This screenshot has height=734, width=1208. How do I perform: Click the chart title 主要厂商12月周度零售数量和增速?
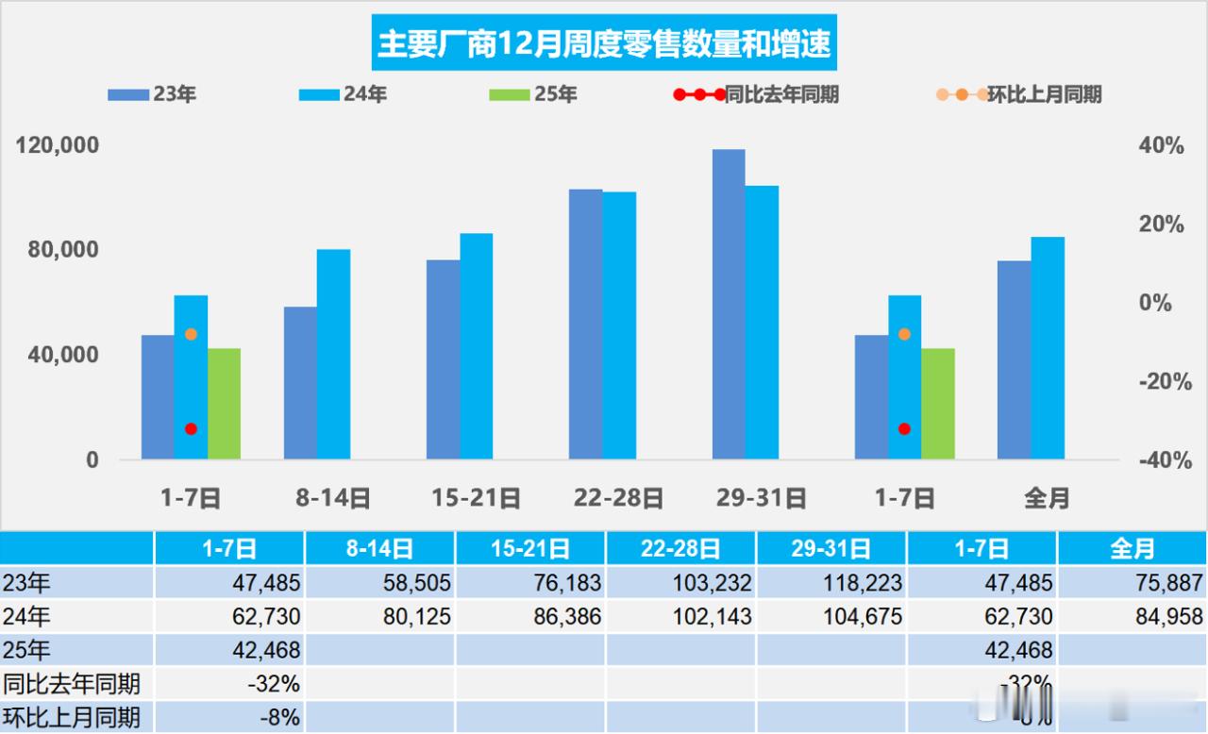click(604, 44)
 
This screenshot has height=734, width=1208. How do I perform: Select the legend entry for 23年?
click(151, 94)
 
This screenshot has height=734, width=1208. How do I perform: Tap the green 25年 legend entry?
click(533, 94)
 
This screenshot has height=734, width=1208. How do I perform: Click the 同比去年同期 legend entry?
click(755, 94)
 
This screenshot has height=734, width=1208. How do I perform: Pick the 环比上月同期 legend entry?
click(1019, 94)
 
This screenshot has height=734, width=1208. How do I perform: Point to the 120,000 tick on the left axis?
click(59, 146)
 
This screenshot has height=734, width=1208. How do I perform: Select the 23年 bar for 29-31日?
click(729, 304)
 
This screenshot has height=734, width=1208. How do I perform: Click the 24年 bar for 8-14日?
click(333, 354)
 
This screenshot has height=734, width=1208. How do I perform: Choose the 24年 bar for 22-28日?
click(619, 325)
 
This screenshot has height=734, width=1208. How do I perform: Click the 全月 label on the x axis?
click(1047, 497)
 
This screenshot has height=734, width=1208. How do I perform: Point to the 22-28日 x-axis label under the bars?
click(618, 497)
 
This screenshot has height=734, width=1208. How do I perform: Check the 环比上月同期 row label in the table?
click(72, 717)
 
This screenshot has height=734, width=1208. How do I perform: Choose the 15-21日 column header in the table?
click(530, 548)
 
